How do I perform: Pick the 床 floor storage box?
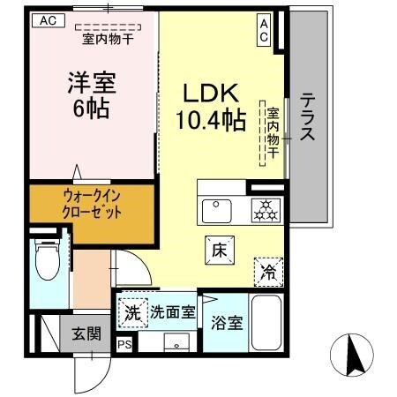(218, 250)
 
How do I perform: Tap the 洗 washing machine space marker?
(131, 311)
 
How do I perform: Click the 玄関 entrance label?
(86, 334)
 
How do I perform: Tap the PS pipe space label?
(124, 344)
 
